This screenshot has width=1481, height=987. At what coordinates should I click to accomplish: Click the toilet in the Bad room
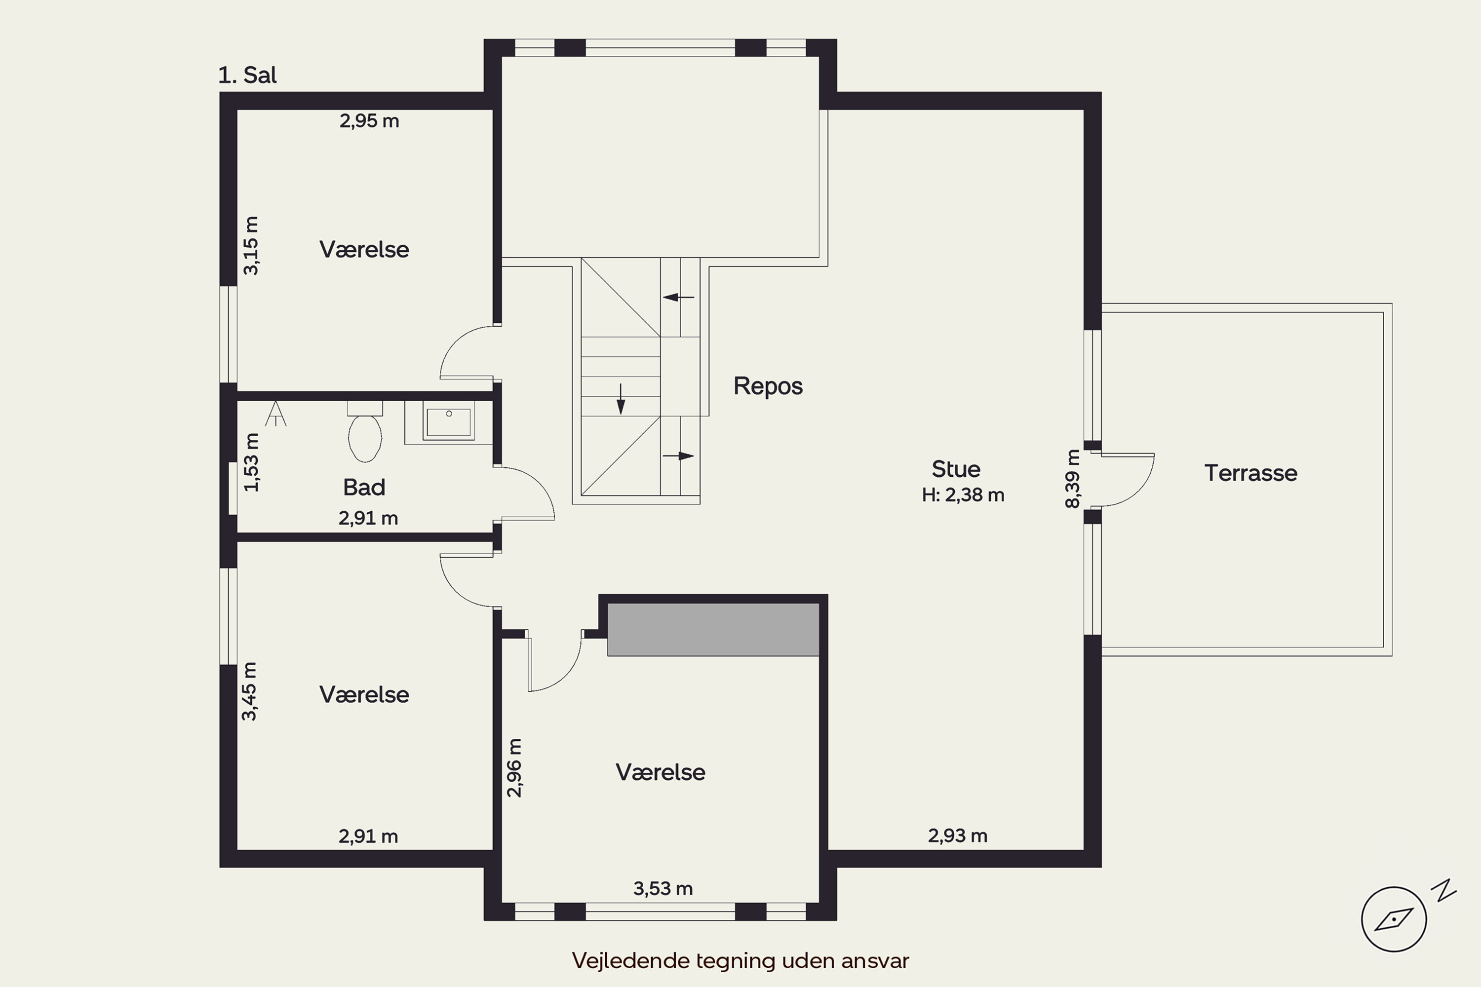click(x=365, y=431)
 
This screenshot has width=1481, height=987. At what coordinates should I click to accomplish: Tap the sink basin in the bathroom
click(x=448, y=422)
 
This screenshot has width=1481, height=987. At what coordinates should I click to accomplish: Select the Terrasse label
click(x=1250, y=473)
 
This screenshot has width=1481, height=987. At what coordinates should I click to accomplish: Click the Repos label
click(x=768, y=386)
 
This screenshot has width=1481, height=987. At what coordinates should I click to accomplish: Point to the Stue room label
click(x=956, y=469)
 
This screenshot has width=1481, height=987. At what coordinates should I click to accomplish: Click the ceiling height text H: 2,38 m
click(x=963, y=495)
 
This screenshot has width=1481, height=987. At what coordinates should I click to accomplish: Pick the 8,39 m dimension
click(x=1072, y=478)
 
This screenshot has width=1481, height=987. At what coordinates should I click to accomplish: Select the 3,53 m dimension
click(x=663, y=889)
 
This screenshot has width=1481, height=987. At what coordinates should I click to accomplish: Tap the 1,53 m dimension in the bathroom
click(x=251, y=463)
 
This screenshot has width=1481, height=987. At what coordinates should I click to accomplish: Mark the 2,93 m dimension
click(x=957, y=836)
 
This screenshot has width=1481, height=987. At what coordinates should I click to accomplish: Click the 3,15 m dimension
click(x=251, y=245)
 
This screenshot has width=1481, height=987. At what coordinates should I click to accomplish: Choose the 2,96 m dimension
click(x=514, y=768)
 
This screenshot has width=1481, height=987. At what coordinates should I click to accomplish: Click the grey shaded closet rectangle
click(x=713, y=630)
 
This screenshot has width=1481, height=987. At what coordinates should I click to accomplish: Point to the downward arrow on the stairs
click(x=621, y=399)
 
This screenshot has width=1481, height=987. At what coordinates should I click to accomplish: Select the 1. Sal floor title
click(x=247, y=76)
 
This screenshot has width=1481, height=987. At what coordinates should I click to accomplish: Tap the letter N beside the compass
click(x=1443, y=890)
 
